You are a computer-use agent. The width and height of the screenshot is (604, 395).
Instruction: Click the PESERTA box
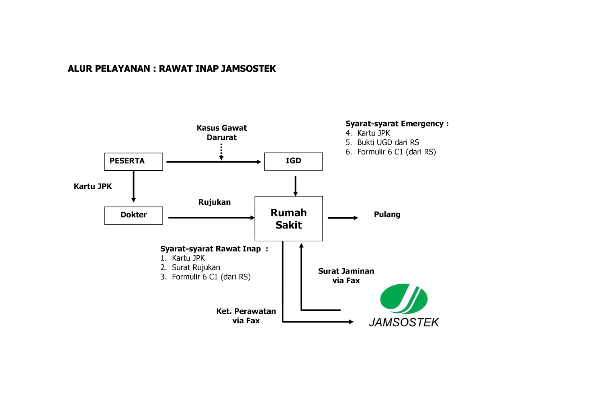pyautogui.click(x=133, y=161)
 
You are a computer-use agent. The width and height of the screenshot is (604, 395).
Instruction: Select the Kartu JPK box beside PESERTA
pyautogui.click(x=97, y=187)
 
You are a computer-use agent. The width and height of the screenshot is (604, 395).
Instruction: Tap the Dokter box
pyautogui.click(x=133, y=215)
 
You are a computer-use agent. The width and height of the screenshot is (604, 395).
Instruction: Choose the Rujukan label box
pyautogui.click(x=222, y=203)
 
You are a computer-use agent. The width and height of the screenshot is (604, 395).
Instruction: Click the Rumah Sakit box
pyautogui.click(x=288, y=219)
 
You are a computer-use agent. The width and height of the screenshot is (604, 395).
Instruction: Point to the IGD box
pyautogui.click(x=293, y=161)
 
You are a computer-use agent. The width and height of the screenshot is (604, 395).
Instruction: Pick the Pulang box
pyautogui.click(x=398, y=215)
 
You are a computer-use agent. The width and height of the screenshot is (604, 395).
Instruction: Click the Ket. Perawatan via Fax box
pyautogui.click(x=246, y=316)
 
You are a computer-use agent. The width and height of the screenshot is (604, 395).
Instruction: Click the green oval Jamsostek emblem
pyautogui.click(x=404, y=299)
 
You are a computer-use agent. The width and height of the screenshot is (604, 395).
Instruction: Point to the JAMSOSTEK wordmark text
pyautogui.click(x=404, y=322)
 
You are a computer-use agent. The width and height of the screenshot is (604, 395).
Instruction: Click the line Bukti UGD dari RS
pyautogui.click(x=388, y=142)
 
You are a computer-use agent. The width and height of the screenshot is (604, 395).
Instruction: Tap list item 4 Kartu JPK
pyautogui.click(x=373, y=133)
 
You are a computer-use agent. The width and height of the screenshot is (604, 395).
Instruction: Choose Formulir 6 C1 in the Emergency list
pyautogui.click(x=396, y=152)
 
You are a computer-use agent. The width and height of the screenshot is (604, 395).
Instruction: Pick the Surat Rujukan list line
pyautogui.click(x=196, y=267)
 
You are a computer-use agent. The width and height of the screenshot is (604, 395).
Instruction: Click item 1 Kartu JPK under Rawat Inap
pyautogui.click(x=188, y=258)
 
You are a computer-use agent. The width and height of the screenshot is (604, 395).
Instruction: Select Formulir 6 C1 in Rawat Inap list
pyautogui.click(x=211, y=277)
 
